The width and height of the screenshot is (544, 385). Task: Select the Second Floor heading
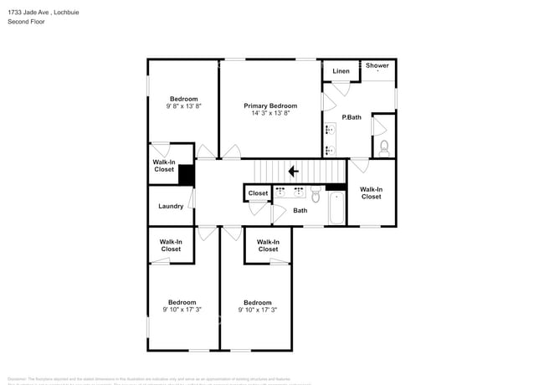[x=27, y=22]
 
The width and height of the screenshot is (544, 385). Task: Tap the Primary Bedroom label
[x=270, y=105]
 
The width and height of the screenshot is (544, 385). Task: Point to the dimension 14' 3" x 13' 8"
[x=270, y=113]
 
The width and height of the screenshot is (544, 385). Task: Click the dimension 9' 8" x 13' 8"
[x=183, y=106]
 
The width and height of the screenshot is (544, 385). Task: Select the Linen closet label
[x=341, y=71]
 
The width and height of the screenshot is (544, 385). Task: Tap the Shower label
[x=377, y=65]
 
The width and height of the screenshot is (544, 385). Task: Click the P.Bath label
[x=352, y=117]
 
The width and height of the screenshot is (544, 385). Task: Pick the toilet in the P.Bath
[x=384, y=147]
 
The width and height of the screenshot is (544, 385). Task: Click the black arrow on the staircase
[x=293, y=172]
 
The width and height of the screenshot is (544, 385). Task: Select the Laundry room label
[x=171, y=206]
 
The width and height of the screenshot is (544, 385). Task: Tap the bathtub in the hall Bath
[x=336, y=209]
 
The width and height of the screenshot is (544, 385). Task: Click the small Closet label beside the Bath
[x=259, y=193]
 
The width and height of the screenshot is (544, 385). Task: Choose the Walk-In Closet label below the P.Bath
[x=371, y=192]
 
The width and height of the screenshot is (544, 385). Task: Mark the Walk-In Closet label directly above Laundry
[x=164, y=166]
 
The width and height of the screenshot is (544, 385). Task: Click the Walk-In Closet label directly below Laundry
[x=171, y=245]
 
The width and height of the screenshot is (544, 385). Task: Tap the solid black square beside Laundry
[x=186, y=174]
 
